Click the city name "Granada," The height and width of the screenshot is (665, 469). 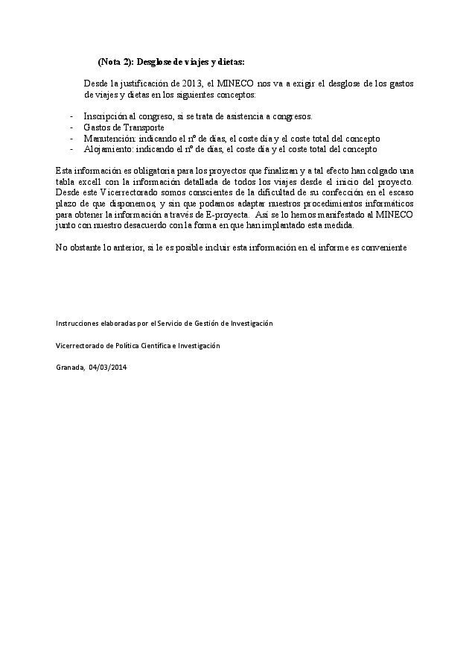[x=70, y=368]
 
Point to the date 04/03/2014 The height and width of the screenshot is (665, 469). [x=107, y=368]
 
